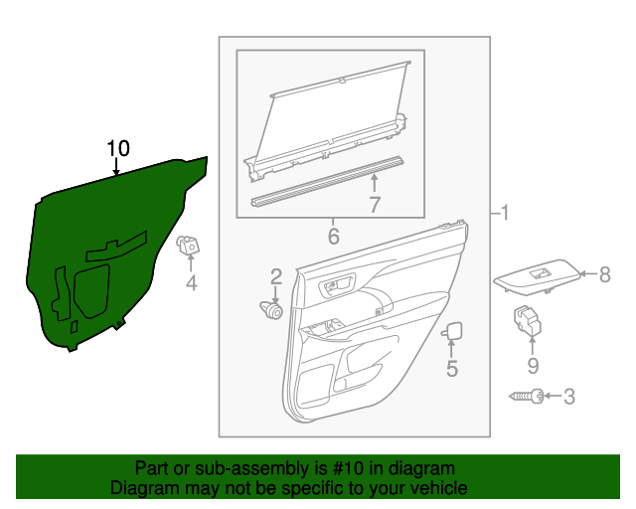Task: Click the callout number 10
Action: pyautogui.click(x=118, y=148)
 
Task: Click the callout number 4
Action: pyautogui.click(x=192, y=284)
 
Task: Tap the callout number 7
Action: pyautogui.click(x=375, y=206)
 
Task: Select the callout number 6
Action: pyautogui.click(x=333, y=237)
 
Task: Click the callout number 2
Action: pyautogui.click(x=276, y=275)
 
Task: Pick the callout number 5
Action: pyautogui.click(x=451, y=369)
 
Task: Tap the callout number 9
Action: pyautogui.click(x=532, y=366)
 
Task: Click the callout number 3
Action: pyautogui.click(x=569, y=398)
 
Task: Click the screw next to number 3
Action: pyautogui.click(x=527, y=398)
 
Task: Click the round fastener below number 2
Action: pyautogui.click(x=271, y=310)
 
